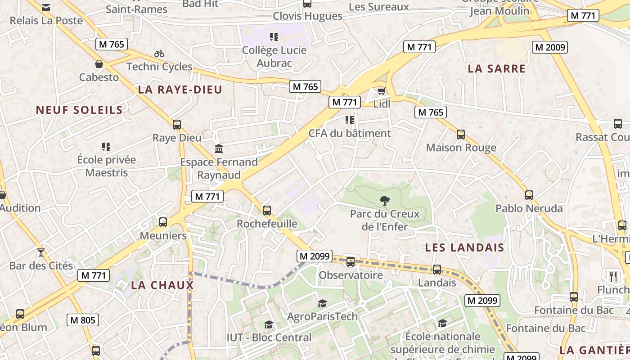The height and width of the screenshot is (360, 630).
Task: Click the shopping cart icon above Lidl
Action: coord(381,91)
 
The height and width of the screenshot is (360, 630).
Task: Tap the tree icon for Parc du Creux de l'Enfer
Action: coord(384,201)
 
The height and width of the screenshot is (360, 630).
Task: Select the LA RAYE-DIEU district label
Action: coord(180,90)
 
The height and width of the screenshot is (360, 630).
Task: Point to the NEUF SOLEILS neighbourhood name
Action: coord(79,110)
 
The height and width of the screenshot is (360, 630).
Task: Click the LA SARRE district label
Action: coord(497,69)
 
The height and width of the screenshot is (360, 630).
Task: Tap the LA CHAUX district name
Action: coord(162,285)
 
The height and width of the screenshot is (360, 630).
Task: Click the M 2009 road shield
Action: coord(549,47)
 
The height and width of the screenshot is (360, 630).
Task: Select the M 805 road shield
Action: coord(83,320)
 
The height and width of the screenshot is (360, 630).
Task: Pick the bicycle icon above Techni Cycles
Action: coord(159,54)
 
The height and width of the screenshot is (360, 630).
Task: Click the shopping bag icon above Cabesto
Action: coord(99,64)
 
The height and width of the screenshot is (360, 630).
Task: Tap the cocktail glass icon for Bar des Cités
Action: coord(41,252)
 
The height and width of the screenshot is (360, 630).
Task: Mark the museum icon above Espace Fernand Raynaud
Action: coord(219,148)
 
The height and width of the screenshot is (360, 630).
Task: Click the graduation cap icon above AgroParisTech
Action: coord(322,304)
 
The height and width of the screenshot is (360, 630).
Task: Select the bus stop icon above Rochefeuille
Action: coord(267,210)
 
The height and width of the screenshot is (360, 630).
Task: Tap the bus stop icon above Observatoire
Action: coord(351,262)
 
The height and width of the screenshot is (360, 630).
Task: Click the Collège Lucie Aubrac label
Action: coord(274,57)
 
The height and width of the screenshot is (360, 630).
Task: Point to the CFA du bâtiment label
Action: coord(350,134)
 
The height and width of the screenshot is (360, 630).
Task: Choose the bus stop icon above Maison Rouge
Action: coord(461,135)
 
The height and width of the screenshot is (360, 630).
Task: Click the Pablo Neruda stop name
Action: coord(529,208)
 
